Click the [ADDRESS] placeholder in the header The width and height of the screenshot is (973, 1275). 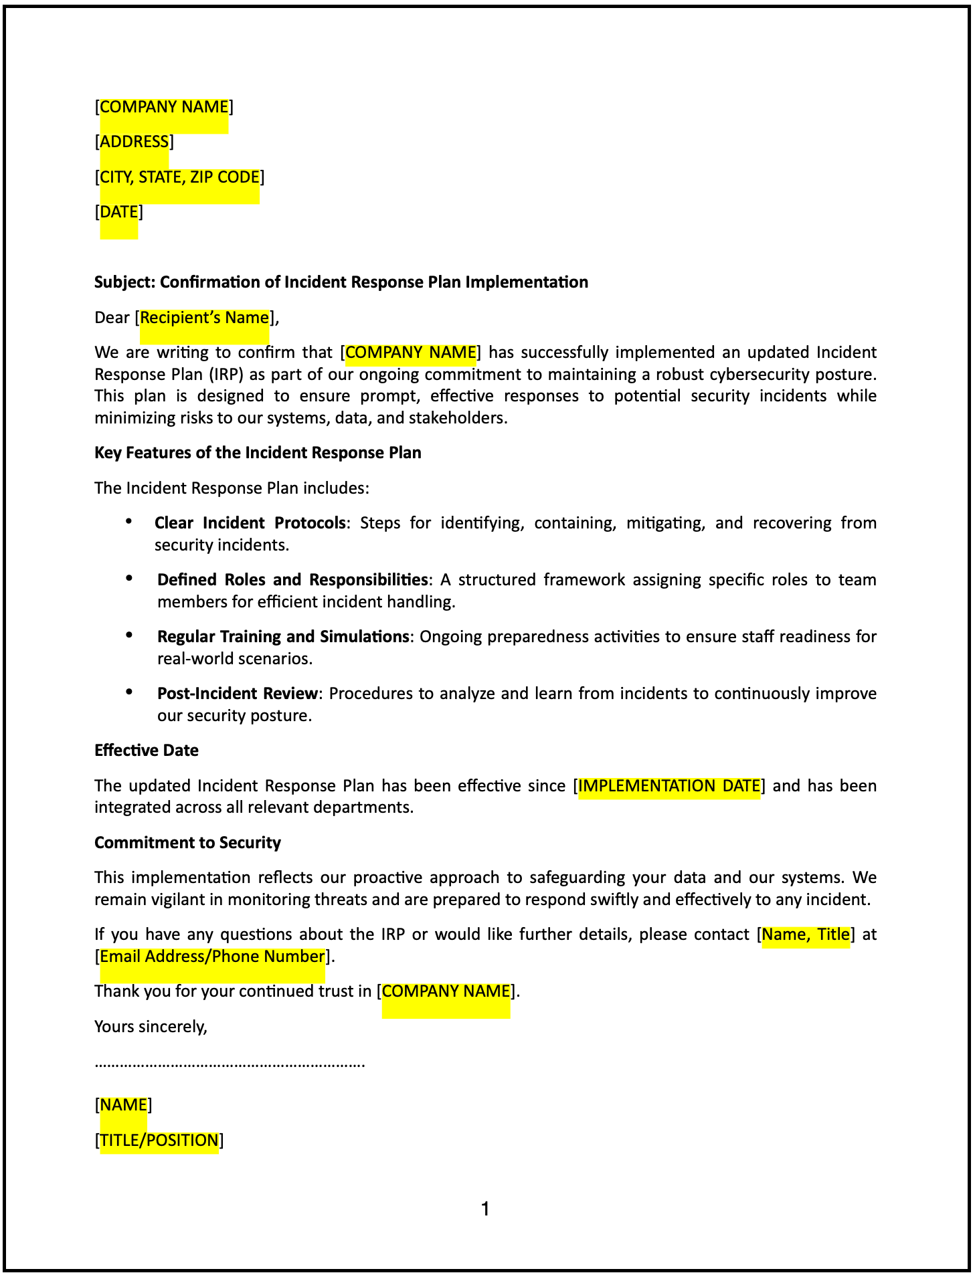pos(134,142)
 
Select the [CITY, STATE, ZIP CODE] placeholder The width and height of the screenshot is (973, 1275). pos(179,177)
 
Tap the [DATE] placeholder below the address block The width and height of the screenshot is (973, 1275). pos(119,212)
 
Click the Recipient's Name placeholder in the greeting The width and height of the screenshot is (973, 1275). pos(204,317)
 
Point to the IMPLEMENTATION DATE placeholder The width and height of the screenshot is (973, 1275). pos(669,785)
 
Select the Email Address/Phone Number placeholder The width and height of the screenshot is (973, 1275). pos(212,956)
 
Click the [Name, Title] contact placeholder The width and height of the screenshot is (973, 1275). pos(806,934)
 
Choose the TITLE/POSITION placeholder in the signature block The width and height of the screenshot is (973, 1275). pos(159,1140)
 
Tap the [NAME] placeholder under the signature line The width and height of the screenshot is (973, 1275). pos(123,1104)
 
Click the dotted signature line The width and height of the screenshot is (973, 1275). pos(230,1063)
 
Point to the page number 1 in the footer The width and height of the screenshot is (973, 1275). pos(485,1209)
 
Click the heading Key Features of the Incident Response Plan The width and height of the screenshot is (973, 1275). pos(258,453)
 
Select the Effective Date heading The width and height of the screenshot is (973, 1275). pos(147,751)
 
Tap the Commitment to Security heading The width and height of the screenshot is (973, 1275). pos(187,842)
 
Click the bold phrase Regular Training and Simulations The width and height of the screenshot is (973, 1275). pos(283,636)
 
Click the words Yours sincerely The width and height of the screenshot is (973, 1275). pos(151,1026)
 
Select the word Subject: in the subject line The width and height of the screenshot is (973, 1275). pos(125,282)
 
